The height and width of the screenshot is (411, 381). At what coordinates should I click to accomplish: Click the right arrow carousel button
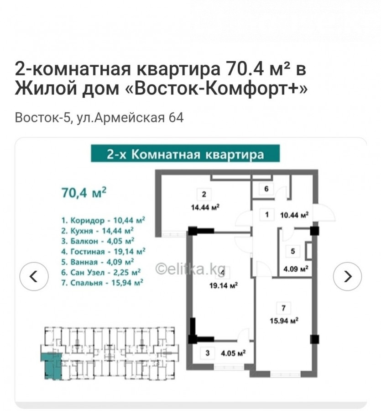pos(347,276)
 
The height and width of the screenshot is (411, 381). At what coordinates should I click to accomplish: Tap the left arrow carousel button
pos(34,276)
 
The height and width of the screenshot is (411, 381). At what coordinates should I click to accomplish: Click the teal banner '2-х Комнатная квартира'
pos(185,154)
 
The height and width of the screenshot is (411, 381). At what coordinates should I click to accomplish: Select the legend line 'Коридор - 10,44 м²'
pos(103,220)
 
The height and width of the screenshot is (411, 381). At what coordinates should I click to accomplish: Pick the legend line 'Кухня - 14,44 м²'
pos(97,231)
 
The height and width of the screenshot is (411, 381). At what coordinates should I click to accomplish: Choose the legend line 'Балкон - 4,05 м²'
pos(98,241)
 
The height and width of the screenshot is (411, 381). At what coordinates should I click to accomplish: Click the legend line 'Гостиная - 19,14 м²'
pos(104,252)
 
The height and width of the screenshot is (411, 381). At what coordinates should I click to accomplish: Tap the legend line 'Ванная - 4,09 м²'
pos(98,262)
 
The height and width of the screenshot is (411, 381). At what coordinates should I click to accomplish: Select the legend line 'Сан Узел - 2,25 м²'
pos(101,272)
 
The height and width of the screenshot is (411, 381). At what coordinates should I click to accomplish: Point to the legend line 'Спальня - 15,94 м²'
pos(102,283)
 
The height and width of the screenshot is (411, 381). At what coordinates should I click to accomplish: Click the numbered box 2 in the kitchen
pos(204,194)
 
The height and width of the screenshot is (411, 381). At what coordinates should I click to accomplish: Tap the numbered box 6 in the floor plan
pos(266,189)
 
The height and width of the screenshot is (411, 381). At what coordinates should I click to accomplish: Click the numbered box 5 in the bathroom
pos(293,251)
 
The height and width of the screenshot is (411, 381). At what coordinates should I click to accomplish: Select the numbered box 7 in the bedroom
pos(283,308)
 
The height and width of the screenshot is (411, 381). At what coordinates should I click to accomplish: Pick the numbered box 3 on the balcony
pos(208,353)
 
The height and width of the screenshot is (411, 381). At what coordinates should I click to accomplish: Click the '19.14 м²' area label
pos(224,285)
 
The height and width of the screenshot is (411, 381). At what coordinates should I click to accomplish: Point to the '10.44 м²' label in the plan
pos(294,215)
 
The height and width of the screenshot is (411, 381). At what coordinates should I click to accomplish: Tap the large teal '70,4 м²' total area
pos(84,192)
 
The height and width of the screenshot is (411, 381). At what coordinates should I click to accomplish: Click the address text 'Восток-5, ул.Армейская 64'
pos(99,117)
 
